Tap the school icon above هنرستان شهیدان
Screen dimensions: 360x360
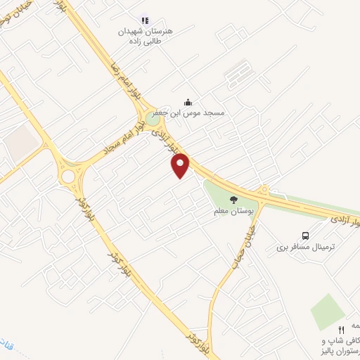[x=145, y=21]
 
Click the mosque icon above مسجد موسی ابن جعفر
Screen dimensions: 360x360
[x=187, y=103]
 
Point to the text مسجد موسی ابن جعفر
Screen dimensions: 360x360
[x=191, y=114]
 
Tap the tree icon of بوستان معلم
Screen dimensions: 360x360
[x=233, y=200]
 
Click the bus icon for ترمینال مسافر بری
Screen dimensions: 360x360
[x=304, y=236]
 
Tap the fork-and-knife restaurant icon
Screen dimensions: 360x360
[x=342, y=329]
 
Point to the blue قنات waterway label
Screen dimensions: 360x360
[x=11, y=346]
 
